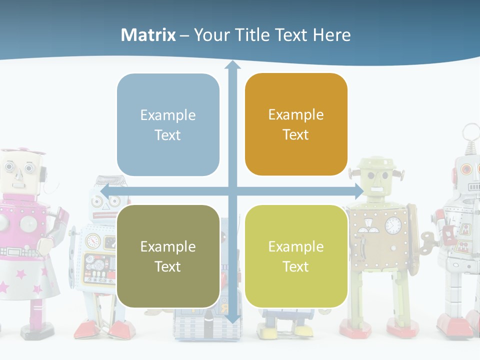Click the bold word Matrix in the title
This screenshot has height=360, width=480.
148,35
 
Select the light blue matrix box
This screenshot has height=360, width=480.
168,125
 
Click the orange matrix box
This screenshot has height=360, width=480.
296,124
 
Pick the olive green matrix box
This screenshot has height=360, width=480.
168,256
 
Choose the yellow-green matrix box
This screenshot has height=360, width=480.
296,256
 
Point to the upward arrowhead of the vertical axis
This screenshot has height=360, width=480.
232,65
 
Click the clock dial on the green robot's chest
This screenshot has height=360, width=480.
393,225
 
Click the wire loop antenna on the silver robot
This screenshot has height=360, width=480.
470,134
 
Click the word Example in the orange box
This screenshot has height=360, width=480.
296,115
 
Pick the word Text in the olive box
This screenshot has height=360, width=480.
168,266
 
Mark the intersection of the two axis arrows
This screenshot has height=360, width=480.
232,191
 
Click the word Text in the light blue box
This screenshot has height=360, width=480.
168,135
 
